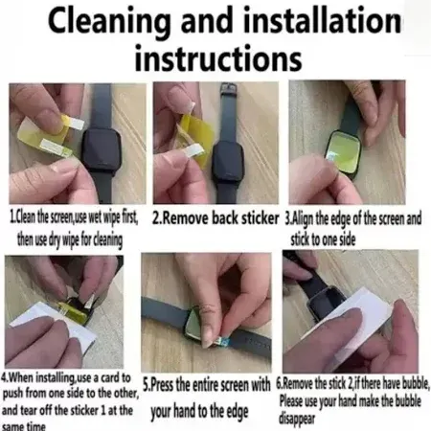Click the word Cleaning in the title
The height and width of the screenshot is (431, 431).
coord(109,22)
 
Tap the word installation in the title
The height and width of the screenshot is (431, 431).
coord(322,20)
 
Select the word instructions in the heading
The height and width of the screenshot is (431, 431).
coord(218,57)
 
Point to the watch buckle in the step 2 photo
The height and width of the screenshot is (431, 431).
coord(229,89)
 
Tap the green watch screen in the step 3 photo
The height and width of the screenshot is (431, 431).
coord(343,149)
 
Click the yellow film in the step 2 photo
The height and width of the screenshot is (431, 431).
coord(194,134)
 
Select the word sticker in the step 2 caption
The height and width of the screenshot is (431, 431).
coord(260,218)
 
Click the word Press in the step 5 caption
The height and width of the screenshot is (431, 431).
coord(162,385)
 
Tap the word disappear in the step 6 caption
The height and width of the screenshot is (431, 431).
coord(297,419)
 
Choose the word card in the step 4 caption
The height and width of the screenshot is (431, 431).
coord(111,377)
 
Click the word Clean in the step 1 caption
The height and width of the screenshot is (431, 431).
coord(25,217)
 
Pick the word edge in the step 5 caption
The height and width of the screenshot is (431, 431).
coord(237,412)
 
